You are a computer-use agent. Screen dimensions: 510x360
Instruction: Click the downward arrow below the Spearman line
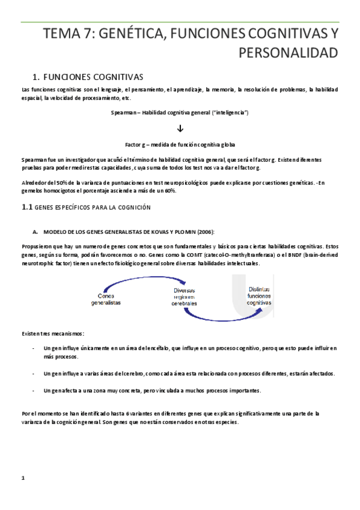[x=180, y=129]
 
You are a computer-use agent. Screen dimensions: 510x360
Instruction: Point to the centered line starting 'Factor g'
[x=180, y=145]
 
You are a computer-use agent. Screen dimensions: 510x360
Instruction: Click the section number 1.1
[x=26, y=207]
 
